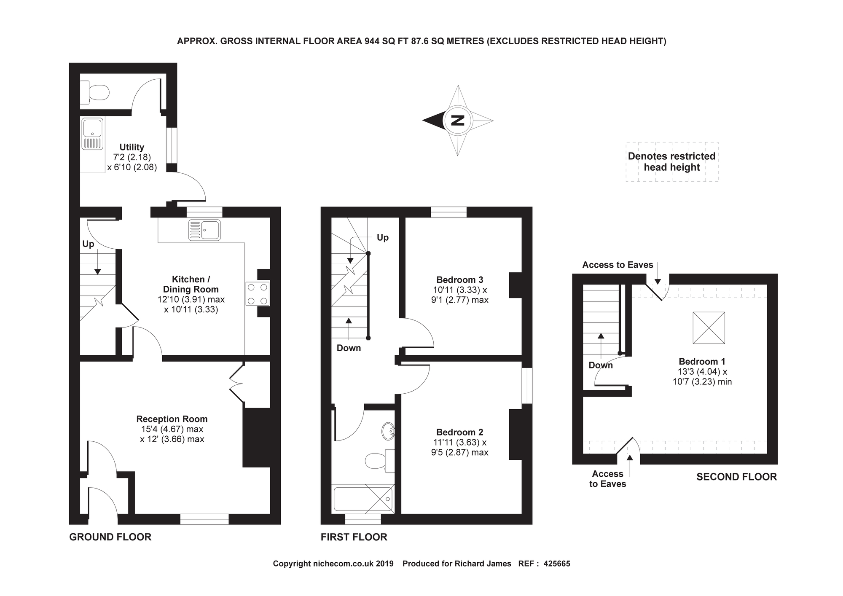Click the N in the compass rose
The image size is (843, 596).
(457, 121)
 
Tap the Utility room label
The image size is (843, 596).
(132, 147)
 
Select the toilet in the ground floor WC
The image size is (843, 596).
(94, 92)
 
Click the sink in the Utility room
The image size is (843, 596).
(92, 134)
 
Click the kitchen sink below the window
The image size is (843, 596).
(204, 230)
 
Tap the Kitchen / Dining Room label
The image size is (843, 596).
(191, 284)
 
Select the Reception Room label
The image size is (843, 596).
(172, 419)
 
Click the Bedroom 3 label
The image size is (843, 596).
(460, 280)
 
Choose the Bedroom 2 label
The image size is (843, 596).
(460, 432)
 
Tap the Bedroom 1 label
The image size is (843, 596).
(702, 362)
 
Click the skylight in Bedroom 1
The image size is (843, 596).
(709, 328)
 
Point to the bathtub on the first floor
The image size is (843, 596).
(363, 499)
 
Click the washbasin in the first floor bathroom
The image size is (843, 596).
(388, 431)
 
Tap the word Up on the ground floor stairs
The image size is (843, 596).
(88, 244)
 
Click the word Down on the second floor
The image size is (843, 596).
(601, 365)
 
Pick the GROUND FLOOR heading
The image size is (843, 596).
(110, 537)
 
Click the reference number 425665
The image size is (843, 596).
(557, 564)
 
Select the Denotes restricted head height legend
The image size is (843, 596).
(672, 162)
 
